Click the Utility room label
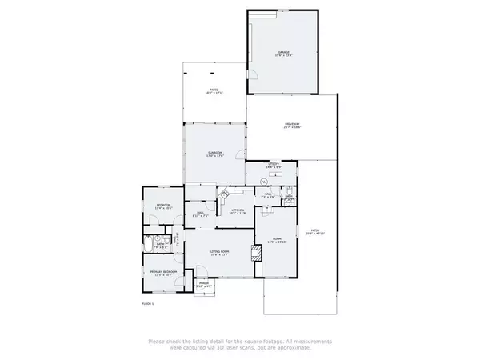point(273,166)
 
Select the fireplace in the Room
point(257,254)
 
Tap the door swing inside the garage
point(251,73)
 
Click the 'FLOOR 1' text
point(147,304)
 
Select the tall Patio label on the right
point(314,233)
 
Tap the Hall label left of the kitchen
point(201,213)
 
